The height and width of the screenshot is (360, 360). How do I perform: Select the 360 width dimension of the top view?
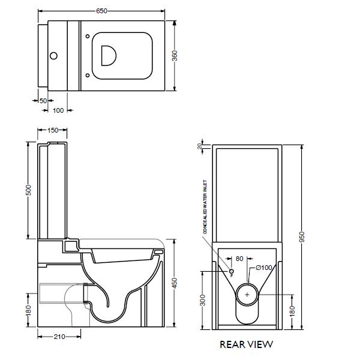pyautogui.click(x=175, y=56)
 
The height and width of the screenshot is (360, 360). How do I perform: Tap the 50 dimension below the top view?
pyautogui.click(x=43, y=101)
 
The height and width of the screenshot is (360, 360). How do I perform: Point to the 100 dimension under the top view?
pyautogui.click(x=58, y=111)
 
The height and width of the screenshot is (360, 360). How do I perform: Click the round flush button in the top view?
pyautogui.click(x=53, y=57)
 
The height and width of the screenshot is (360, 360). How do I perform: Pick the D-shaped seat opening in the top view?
pyautogui.click(x=110, y=55)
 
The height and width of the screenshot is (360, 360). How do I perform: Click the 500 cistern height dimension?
pyautogui.click(x=28, y=190)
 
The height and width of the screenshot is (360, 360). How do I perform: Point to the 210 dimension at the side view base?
pyautogui.click(x=59, y=337)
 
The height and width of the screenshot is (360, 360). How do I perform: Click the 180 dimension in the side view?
pyautogui.click(x=28, y=310)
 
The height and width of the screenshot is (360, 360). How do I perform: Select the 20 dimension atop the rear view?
pyautogui.click(x=200, y=146)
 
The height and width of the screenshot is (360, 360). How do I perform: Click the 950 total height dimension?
pyautogui.click(x=302, y=238)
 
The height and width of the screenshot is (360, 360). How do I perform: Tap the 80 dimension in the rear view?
pyautogui.click(x=239, y=260)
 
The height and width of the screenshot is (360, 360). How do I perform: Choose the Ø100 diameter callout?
pyautogui.click(x=264, y=268)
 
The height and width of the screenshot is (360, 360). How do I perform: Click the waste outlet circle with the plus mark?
pyautogui.click(x=247, y=295)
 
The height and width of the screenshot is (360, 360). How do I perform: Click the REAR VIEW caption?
pyautogui.click(x=246, y=344)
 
